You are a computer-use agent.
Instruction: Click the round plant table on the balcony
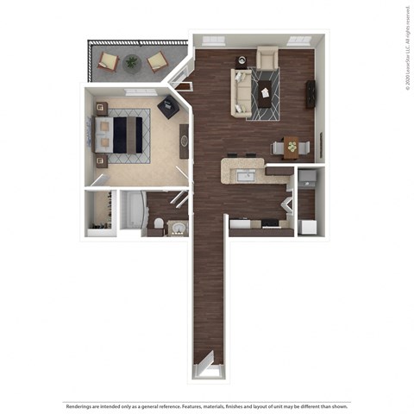(x=131, y=61)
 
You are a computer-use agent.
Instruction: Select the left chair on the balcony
(x=109, y=61)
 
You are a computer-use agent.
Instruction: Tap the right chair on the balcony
(x=156, y=61)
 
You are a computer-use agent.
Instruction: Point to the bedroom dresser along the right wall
(x=184, y=141)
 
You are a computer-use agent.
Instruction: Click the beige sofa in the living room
(x=239, y=94)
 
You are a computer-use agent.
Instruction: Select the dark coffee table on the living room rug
(x=263, y=88)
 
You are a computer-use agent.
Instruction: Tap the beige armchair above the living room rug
(x=267, y=59)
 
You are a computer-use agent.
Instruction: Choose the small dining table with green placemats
(x=292, y=147)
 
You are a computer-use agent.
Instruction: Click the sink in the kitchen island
(x=246, y=176)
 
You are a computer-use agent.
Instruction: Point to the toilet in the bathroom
(x=157, y=226)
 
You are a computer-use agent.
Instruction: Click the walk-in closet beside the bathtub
(x=100, y=211)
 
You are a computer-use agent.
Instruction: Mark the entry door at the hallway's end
(x=209, y=368)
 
